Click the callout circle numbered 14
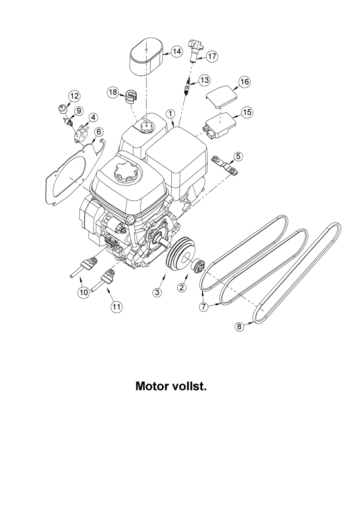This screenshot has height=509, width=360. (x=176, y=52)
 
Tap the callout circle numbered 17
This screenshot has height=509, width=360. (x=212, y=56)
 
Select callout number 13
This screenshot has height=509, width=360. (x=204, y=80)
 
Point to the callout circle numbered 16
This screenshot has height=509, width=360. (x=244, y=82)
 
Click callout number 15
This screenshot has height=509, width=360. (x=247, y=112)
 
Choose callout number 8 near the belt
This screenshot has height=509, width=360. (x=239, y=326)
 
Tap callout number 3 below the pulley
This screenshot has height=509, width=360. (x=158, y=293)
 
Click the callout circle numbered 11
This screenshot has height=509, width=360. (x=116, y=307)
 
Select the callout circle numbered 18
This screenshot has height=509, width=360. (x=113, y=92)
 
